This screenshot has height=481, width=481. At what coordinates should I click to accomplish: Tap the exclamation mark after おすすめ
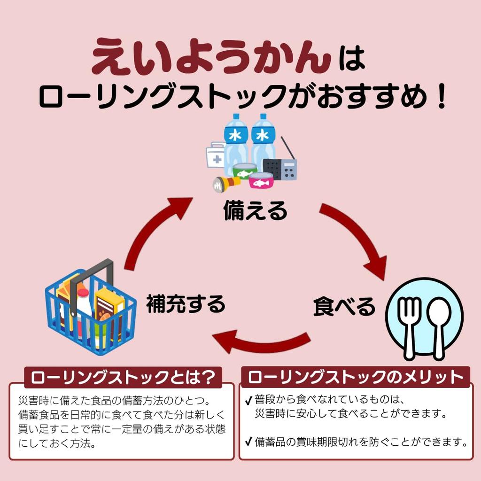pos(440,97)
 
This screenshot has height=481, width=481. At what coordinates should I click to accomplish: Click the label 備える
pos(255,210)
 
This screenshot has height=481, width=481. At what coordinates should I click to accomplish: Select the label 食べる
pos(344,306)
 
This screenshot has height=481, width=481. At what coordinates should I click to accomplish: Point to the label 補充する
pos(186,304)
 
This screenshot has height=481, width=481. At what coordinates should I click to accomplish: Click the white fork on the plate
pos(409,324)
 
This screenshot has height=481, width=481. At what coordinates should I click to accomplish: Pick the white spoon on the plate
pos(439,324)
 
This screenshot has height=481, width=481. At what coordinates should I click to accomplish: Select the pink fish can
pos(261,180)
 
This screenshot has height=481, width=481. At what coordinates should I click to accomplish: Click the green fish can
pos(245,171)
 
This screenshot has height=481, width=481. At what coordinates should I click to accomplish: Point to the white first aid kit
pos(216,155)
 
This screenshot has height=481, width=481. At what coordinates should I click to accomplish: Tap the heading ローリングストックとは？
pos(123,377)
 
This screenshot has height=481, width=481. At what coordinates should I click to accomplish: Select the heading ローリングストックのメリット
pos(356,377)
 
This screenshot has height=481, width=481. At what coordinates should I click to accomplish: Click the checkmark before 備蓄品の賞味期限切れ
pos(248,442)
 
